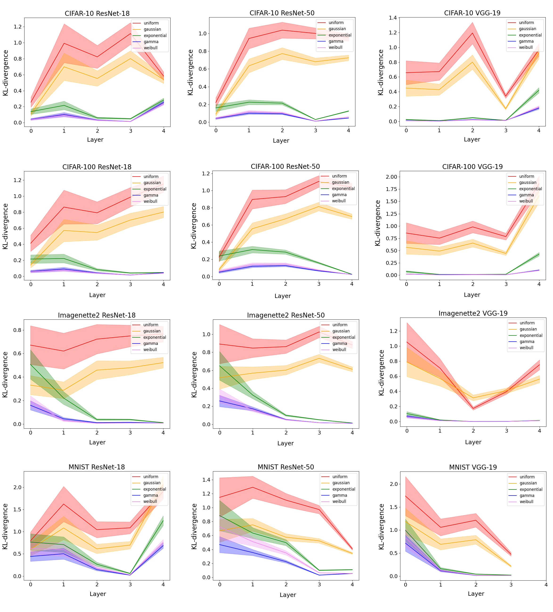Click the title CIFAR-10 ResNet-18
[x=97, y=13]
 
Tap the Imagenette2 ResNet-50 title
[x=286, y=315]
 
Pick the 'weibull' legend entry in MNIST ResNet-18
[x=150, y=501]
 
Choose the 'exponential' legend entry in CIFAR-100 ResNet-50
[x=343, y=189]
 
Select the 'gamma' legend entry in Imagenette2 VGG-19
[x=527, y=342]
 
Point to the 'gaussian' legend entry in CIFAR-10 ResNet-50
[x=337, y=29]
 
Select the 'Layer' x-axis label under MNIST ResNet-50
[x=288, y=595]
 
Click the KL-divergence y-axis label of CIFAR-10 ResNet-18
[x=5, y=73]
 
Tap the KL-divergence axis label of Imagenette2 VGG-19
[x=381, y=373]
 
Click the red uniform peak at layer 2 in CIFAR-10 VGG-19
[x=472, y=33]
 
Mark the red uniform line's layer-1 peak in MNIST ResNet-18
[x=64, y=504]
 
